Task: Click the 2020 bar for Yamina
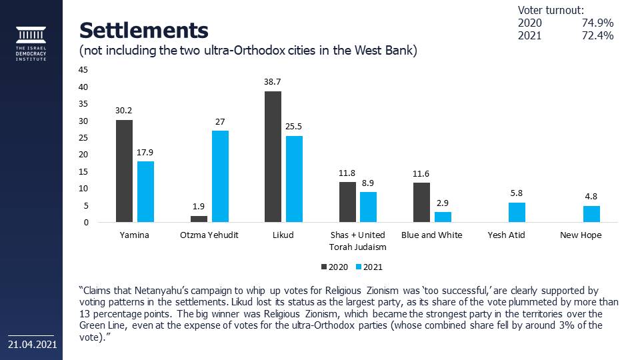point(124,171)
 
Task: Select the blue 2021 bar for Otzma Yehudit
point(220,177)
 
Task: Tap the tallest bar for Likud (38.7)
point(273,157)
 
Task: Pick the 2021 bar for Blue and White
point(443,217)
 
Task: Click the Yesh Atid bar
point(517,213)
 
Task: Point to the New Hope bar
point(591,214)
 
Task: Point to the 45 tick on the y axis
point(83,69)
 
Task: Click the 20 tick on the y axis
point(83,155)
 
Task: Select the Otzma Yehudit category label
point(209,235)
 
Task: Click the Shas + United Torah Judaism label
point(358,241)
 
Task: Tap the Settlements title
point(143,30)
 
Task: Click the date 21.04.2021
point(32,345)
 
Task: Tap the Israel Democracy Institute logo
point(31,44)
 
